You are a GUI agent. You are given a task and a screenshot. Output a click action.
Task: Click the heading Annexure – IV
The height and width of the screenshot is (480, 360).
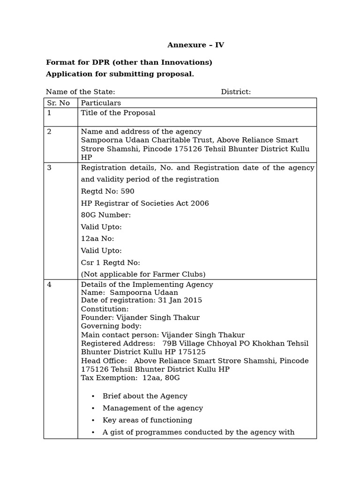pyautogui.click(x=195, y=45)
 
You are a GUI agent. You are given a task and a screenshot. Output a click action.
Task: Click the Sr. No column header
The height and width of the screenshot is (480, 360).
pyautogui.click(x=59, y=103)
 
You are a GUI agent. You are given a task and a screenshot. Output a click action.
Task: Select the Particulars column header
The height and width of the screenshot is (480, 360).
pyautogui.click(x=101, y=103)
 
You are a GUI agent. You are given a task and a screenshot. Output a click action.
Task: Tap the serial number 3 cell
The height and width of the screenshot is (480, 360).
pyautogui.click(x=50, y=168)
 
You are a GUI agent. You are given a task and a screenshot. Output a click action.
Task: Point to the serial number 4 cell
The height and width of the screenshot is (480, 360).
pyautogui.click(x=50, y=285)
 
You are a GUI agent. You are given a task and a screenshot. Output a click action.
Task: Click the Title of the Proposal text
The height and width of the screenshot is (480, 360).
pyautogui.click(x=118, y=113)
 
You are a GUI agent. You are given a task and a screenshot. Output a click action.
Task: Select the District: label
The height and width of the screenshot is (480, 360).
pyautogui.click(x=236, y=92)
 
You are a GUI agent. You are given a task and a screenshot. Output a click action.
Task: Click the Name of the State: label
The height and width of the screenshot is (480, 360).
pyautogui.click(x=80, y=92)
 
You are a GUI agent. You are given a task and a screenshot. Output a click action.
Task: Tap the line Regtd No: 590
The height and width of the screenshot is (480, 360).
pyautogui.click(x=107, y=191)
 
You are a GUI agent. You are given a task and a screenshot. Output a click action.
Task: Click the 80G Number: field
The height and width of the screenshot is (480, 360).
pyautogui.click(x=106, y=215)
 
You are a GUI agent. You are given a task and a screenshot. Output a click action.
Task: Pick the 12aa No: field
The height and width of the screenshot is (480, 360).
pyautogui.click(x=97, y=239)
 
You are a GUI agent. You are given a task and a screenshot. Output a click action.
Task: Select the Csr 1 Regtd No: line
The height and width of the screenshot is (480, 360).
pyautogui.click(x=111, y=262)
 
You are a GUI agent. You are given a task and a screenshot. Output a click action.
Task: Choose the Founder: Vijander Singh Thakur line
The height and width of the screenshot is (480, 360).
pyautogui.click(x=140, y=318)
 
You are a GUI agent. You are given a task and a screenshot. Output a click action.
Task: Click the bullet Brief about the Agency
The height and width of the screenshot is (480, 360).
pyautogui.click(x=145, y=396)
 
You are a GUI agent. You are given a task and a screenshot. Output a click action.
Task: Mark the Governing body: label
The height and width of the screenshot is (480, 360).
pyautogui.click(x=111, y=326)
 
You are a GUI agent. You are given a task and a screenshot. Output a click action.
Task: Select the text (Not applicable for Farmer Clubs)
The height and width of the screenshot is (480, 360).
pyautogui.click(x=143, y=274)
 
